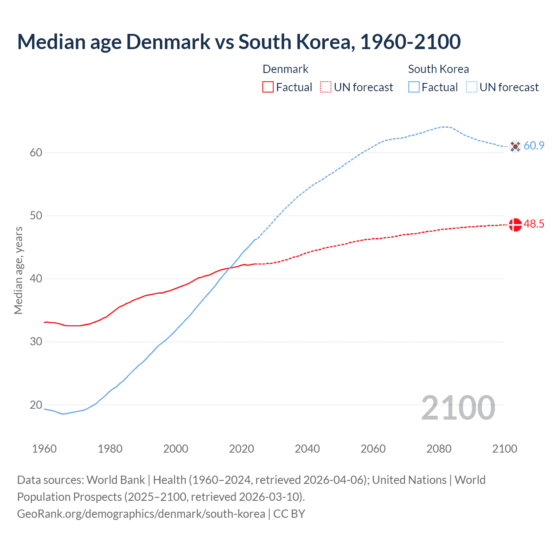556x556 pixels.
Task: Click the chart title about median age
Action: (x=239, y=42)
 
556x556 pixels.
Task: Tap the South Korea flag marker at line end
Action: (x=515, y=146)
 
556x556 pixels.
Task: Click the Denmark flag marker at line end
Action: (x=515, y=225)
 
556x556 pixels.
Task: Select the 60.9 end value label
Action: (x=534, y=146)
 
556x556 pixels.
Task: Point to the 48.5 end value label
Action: (x=534, y=224)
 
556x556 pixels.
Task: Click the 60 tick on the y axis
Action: (x=36, y=152)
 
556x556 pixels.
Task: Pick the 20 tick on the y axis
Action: (x=36, y=405)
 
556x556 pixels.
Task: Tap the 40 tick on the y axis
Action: (x=36, y=278)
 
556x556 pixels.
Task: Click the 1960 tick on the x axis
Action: (x=44, y=449)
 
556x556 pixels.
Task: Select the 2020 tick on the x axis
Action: (x=242, y=449)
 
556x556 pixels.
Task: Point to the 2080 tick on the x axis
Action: (x=439, y=449)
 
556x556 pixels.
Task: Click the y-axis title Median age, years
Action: (x=18, y=270)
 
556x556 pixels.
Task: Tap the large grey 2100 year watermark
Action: (x=458, y=408)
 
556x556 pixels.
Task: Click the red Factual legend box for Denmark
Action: (x=268, y=87)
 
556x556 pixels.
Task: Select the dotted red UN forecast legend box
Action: (x=326, y=87)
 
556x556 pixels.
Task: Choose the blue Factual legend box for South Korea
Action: (x=414, y=87)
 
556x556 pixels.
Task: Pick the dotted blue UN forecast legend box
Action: (x=472, y=87)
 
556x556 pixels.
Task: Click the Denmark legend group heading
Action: (x=285, y=69)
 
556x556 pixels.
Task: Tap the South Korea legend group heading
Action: (x=438, y=69)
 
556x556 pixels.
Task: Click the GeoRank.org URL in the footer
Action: (x=141, y=514)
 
